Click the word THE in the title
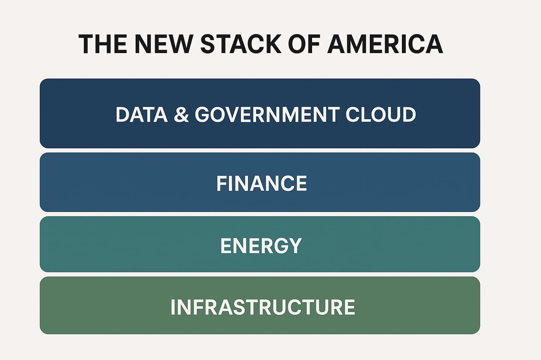pyautogui.click(x=102, y=44)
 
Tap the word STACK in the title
pyautogui.click(x=241, y=44)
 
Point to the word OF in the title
pyautogui.click(x=304, y=44)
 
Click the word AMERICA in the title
pyautogui.click(x=385, y=44)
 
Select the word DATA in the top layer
pyautogui.click(x=142, y=115)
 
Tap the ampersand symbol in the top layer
pyautogui.click(x=181, y=115)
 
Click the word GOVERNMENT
pyautogui.click(x=267, y=115)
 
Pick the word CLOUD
pyautogui.click(x=381, y=115)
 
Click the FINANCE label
pyautogui.click(x=262, y=183)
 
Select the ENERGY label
pyautogui.click(x=261, y=246)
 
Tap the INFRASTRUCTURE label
pyautogui.click(x=263, y=307)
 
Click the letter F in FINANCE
pyautogui.click(x=222, y=183)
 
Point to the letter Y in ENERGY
pyautogui.click(x=294, y=246)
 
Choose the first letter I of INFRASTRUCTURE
pyautogui.click(x=173, y=307)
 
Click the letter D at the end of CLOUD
pyautogui.click(x=409, y=115)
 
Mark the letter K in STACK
pyautogui.click(x=273, y=44)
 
